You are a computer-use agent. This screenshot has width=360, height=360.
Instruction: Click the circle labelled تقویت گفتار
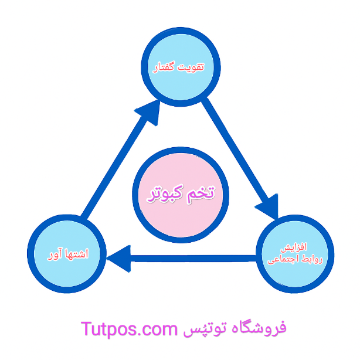181,68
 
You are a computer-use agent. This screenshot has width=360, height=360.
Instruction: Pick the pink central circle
181,192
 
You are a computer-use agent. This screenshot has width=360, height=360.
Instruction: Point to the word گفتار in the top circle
167,68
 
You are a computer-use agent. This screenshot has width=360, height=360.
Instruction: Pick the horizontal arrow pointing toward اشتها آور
188,257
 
